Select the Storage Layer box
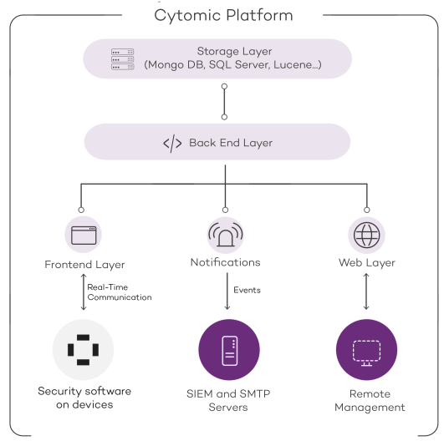[x=217, y=57]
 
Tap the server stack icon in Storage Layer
[x=123, y=57]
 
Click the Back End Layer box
[x=217, y=143]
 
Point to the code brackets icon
[x=171, y=143]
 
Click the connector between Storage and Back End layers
[x=223, y=99]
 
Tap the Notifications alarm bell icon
[x=225, y=235]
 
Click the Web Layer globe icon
[x=366, y=235]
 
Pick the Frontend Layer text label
[x=84, y=264]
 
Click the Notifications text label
[x=225, y=262]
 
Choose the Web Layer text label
[x=366, y=262]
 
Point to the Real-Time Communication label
[x=119, y=291]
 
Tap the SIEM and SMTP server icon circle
[x=228, y=349]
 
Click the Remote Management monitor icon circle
[x=366, y=349]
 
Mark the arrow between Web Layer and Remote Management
[x=366, y=293]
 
